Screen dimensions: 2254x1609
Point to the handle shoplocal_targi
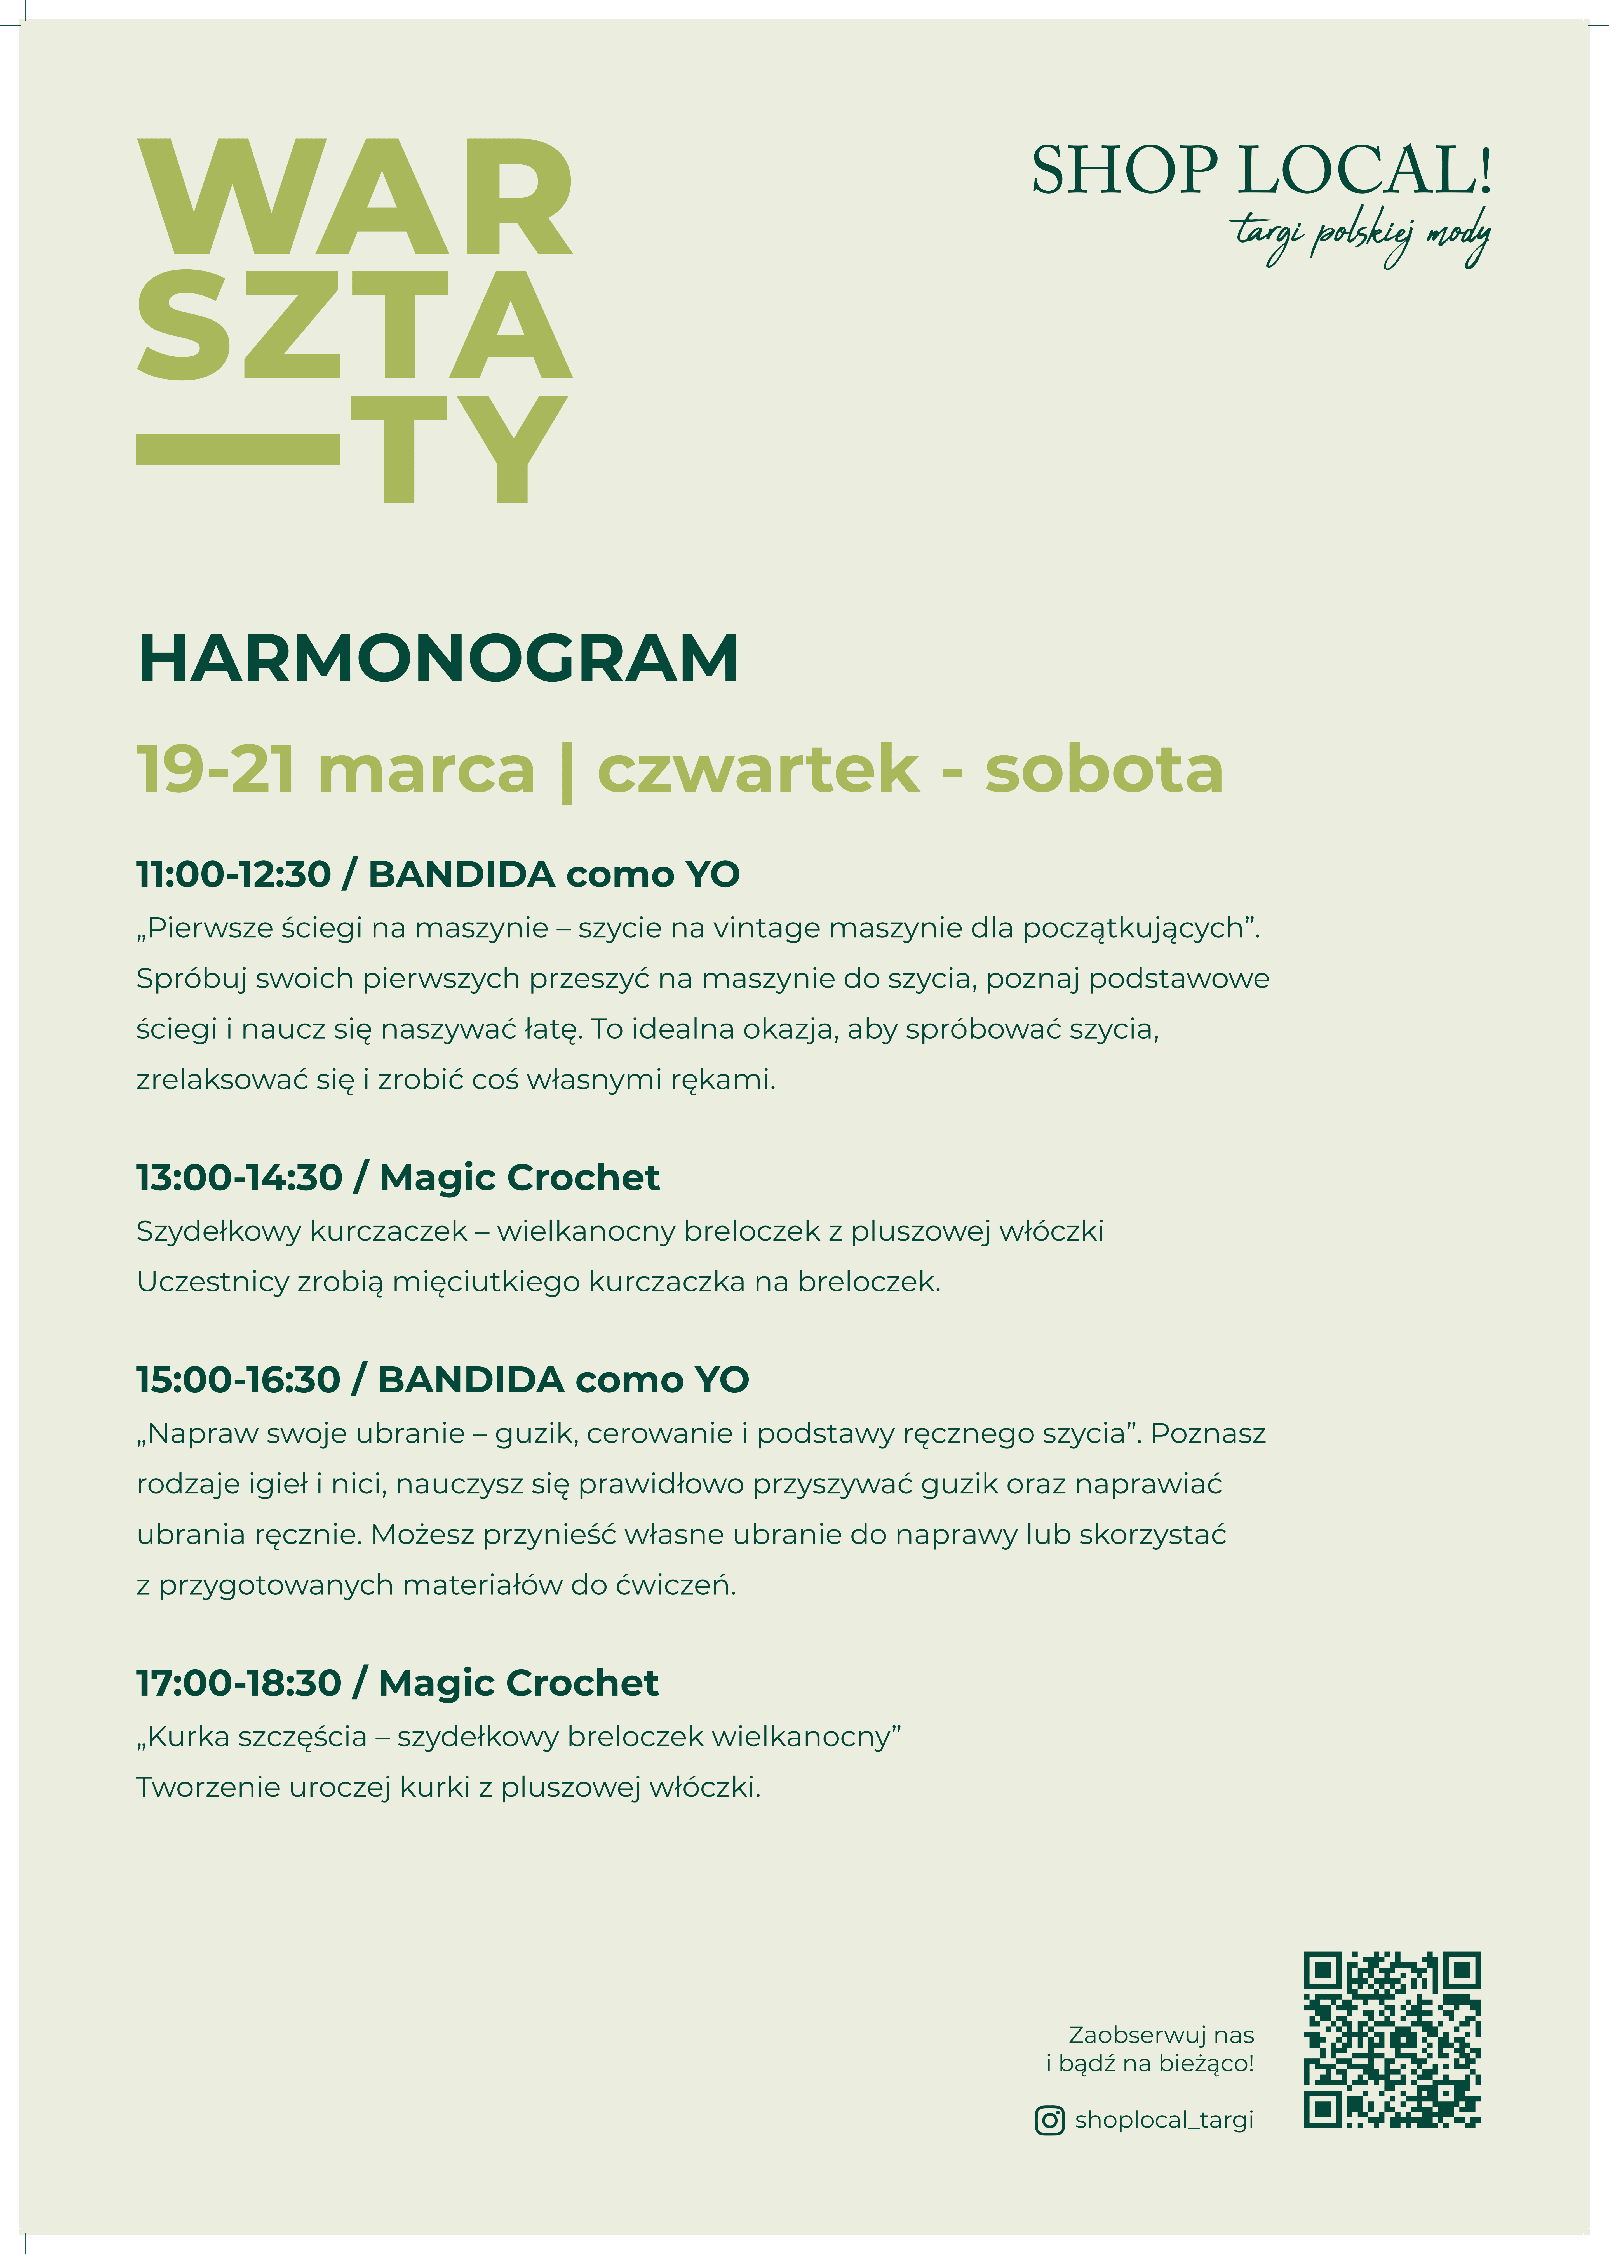(x=1164, y=2119)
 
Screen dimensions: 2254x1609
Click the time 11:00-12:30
(x=234, y=874)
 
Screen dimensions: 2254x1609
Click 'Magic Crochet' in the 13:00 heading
(x=519, y=1178)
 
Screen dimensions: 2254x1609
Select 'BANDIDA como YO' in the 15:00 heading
(x=563, y=1380)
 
